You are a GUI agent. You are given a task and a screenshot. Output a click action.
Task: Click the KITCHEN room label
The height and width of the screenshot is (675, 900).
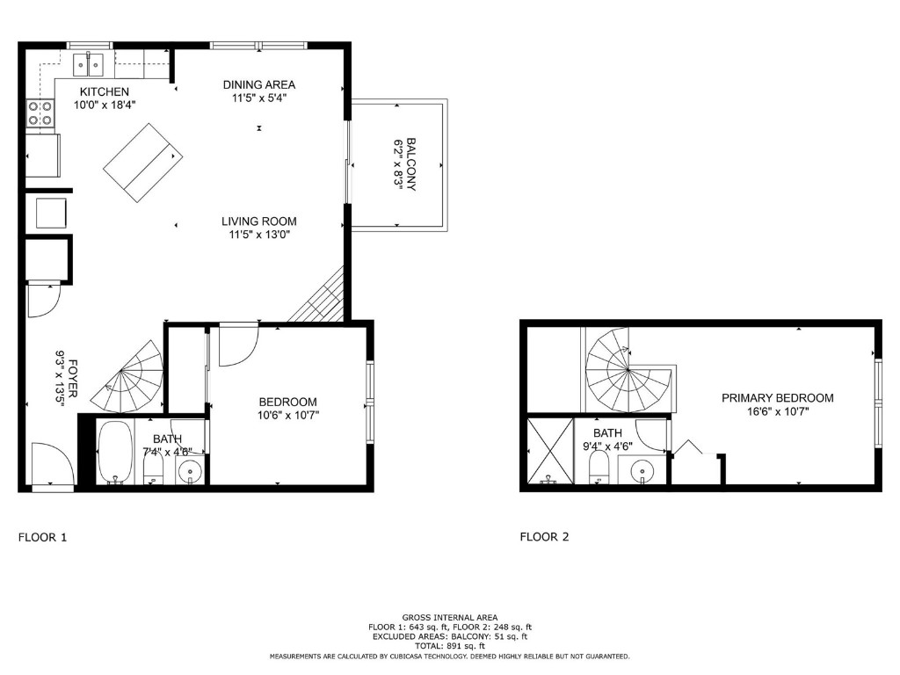click(105, 91)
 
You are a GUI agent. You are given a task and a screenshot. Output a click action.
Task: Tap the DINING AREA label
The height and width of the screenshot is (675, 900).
click(258, 84)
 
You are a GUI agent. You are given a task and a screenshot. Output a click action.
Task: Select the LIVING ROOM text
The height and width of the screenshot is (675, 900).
click(258, 221)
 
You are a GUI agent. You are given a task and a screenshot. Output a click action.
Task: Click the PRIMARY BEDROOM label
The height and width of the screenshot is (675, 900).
click(777, 398)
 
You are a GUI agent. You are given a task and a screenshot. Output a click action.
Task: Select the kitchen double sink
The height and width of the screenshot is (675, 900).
click(90, 63)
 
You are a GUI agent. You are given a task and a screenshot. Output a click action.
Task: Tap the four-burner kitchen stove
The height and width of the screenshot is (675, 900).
click(40, 112)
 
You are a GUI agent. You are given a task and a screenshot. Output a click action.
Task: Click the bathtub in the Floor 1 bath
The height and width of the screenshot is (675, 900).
click(114, 452)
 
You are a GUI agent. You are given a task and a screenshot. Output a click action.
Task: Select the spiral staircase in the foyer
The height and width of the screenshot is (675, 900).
click(132, 380)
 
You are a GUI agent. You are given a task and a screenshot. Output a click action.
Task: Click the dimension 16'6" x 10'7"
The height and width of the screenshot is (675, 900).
click(777, 410)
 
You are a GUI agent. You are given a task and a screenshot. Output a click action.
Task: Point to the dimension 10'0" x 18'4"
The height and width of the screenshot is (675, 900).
click(105, 104)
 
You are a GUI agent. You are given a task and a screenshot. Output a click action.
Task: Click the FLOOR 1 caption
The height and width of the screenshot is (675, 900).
click(42, 536)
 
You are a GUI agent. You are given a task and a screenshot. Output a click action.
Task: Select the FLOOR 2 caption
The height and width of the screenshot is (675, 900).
click(544, 536)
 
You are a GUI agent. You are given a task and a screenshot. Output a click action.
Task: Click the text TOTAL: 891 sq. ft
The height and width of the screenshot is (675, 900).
click(449, 646)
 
